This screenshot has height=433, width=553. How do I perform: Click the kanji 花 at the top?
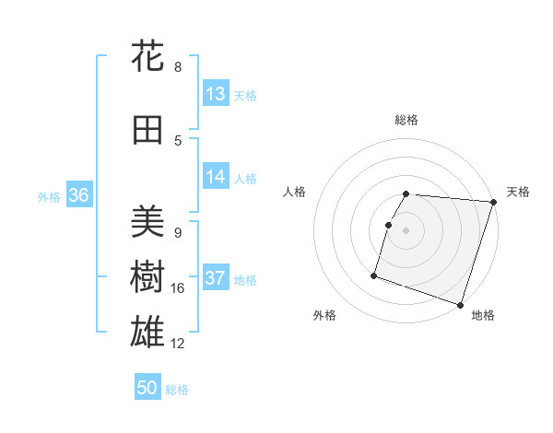(147, 56)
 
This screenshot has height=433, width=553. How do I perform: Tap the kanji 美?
(147, 222)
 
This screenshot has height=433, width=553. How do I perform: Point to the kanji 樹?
(147, 277)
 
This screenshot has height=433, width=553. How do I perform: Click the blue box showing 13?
(216, 94)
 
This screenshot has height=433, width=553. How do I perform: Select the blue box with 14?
(216, 177)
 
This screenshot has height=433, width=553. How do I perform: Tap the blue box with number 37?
(216, 278)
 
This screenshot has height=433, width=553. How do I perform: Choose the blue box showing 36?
(78, 194)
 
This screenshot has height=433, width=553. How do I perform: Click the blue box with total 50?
(147, 388)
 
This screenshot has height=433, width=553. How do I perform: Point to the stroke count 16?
(178, 288)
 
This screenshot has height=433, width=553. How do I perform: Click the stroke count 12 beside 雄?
(178, 344)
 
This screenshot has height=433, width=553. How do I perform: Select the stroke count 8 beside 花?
(178, 67)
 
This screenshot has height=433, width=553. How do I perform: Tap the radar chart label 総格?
(406, 120)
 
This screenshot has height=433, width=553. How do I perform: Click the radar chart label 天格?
(518, 192)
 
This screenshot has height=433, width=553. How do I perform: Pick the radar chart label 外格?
(324, 316)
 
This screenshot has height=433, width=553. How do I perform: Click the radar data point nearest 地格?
(460, 305)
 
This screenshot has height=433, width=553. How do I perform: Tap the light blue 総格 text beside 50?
(177, 390)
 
